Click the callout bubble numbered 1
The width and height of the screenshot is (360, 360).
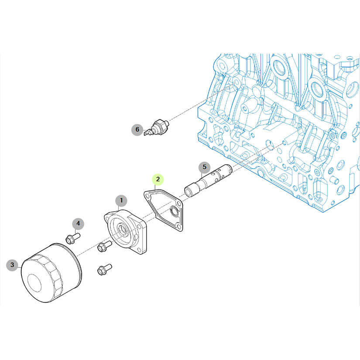coord(121,201)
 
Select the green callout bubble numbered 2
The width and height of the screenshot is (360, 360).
coord(158,179)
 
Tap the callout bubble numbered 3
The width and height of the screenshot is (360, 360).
coord(12,265)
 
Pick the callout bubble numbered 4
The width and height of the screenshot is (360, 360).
coord(78,223)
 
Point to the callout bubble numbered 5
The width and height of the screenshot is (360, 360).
coord(205,167)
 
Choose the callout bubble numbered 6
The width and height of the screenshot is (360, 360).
coord(137,130)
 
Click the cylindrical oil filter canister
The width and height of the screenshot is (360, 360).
coord(51,273)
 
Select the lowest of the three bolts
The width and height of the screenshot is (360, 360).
coord(104,269)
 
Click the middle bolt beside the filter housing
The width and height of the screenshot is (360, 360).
coord(104,246)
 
